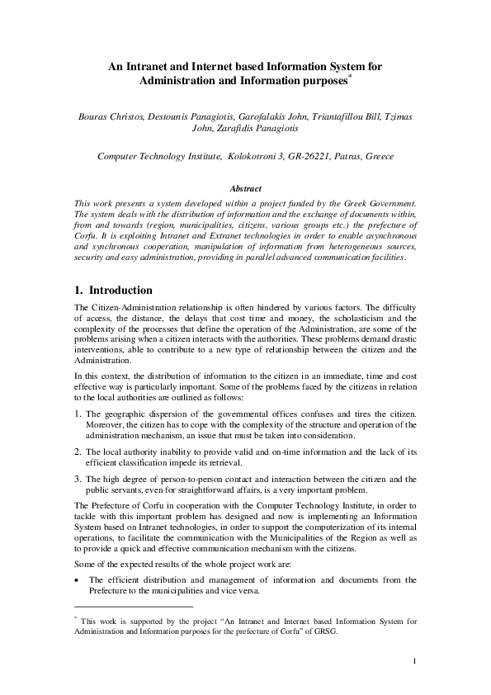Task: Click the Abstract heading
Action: [x=245, y=189]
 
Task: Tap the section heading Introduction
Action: [x=120, y=291]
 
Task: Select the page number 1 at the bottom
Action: [x=415, y=661]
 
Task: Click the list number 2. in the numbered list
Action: [x=78, y=452]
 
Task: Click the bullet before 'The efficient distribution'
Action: [x=77, y=579]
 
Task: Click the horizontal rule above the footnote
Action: [x=132, y=607]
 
